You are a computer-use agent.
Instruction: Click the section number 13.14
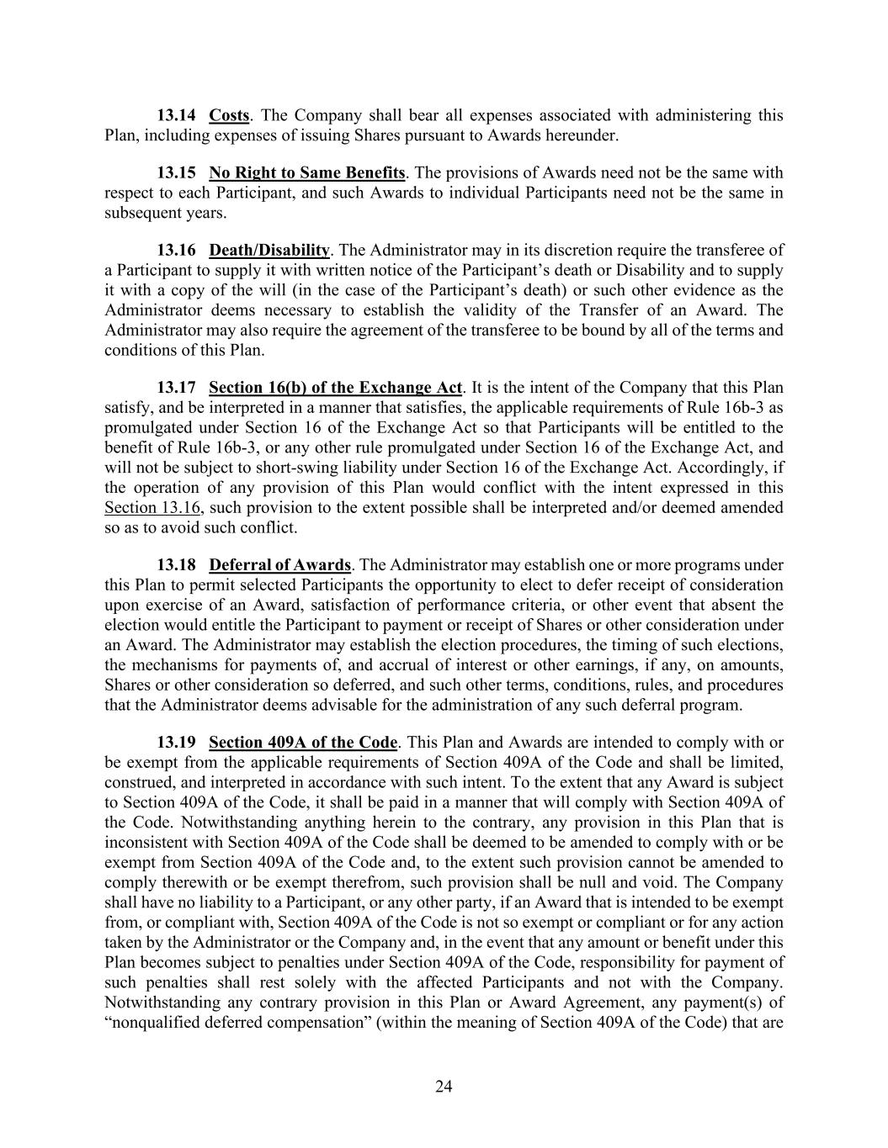(176, 115)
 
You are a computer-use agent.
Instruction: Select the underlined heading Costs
(229, 115)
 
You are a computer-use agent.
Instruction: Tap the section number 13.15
(176, 172)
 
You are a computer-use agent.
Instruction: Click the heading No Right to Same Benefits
(307, 172)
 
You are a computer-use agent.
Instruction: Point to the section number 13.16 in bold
(176, 250)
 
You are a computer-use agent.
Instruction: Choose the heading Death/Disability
(269, 250)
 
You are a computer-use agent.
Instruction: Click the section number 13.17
(176, 388)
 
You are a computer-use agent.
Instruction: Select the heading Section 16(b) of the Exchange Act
(335, 388)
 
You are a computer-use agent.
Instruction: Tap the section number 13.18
(176, 565)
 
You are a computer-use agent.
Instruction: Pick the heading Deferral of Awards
(279, 565)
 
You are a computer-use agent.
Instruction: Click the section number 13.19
(176, 743)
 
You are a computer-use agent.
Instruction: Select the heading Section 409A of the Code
(303, 743)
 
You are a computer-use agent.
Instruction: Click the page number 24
(444, 1087)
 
